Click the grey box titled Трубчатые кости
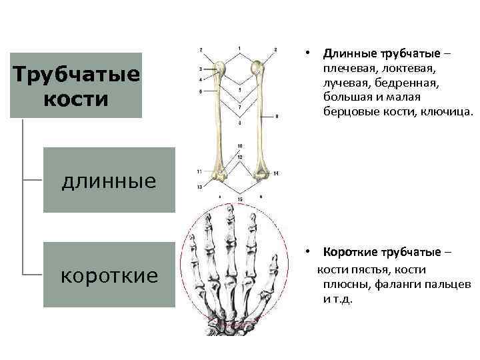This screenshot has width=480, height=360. (x=75, y=85)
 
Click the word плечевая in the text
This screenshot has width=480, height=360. (x=347, y=69)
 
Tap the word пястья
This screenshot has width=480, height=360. (x=370, y=269)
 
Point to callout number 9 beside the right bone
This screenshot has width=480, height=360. (x=276, y=117)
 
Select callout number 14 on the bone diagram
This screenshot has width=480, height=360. (x=275, y=173)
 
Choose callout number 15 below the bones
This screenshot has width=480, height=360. (x=239, y=199)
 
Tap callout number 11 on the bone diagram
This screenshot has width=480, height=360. (x=199, y=172)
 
